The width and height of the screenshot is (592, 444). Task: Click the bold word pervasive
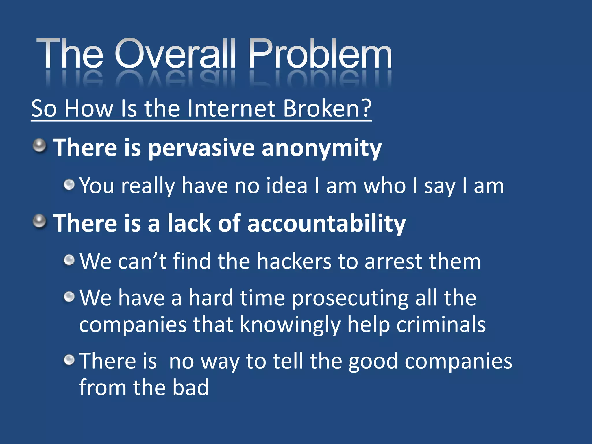tap(201, 148)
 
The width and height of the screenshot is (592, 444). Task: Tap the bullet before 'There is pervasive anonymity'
tap(39, 145)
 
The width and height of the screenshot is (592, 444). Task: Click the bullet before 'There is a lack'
tap(39, 221)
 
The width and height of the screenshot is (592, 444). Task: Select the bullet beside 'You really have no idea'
tap(69, 184)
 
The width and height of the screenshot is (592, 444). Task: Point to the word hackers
tap(294, 261)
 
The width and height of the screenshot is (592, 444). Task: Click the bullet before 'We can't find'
tap(69, 260)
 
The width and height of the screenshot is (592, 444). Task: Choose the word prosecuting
tap(350, 298)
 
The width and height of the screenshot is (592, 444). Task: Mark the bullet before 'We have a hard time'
tap(69, 296)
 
